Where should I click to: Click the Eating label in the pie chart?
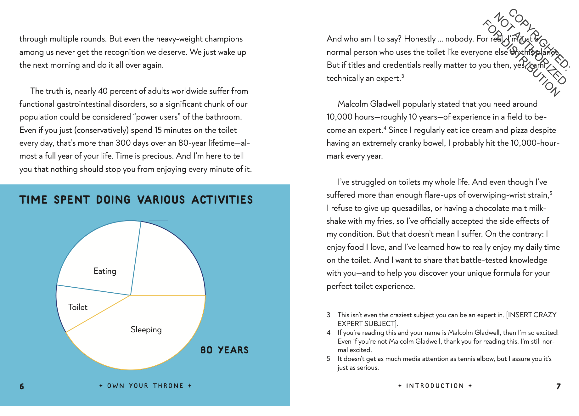tap(105, 271)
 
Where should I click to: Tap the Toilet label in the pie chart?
tap(78, 307)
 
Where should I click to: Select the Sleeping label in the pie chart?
tap(146, 330)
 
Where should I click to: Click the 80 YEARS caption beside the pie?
tap(224, 350)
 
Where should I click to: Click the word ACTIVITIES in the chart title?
tap(222, 200)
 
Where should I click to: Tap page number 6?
tap(22, 386)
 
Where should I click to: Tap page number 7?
tap(558, 386)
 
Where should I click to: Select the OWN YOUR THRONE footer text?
tap(145, 386)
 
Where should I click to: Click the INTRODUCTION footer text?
tap(435, 386)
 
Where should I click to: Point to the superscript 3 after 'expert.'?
tap(402, 76)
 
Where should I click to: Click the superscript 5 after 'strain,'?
tap(551, 193)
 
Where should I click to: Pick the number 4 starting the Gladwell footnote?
tap(329, 333)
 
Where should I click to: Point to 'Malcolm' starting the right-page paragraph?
tap(352, 104)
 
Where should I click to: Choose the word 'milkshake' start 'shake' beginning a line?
tap(336, 221)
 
